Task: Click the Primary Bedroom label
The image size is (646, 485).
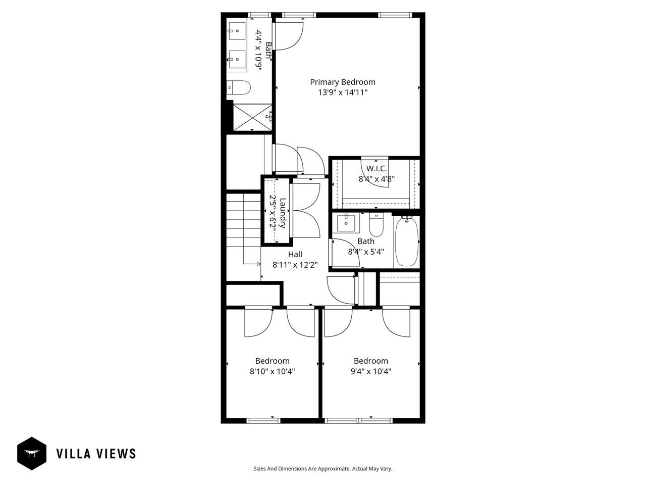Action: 342,82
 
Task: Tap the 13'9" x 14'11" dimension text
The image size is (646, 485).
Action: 342,92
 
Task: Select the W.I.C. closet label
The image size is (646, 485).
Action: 376,168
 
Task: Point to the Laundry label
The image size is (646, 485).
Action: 283,213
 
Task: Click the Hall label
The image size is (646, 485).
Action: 295,254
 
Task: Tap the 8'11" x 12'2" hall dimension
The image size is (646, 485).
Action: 295,264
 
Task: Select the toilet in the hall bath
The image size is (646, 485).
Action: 376,224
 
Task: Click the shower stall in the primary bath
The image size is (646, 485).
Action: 251,117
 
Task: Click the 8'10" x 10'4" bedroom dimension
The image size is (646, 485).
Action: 273,371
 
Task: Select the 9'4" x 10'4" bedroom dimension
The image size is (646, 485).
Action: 371,371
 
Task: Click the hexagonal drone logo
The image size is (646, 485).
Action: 32,453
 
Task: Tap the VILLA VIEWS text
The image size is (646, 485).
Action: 96,454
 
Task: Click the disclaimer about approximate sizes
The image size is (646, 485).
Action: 322,469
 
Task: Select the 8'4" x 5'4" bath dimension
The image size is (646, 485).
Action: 366,251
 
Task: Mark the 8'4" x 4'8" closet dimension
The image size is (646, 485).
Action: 376,178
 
